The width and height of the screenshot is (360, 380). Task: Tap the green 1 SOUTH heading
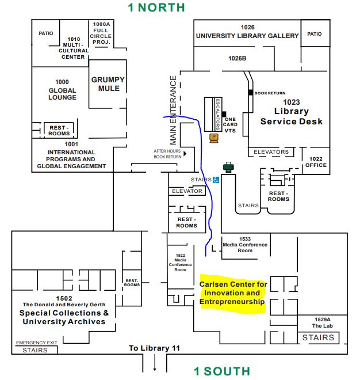point(222,371)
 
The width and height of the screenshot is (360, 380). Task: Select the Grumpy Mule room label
point(108,84)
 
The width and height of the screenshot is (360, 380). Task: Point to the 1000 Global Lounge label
point(62,90)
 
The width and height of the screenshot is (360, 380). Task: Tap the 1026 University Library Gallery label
point(247,32)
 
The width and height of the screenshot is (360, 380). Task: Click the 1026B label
point(237,58)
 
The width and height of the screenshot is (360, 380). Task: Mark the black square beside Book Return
point(251,93)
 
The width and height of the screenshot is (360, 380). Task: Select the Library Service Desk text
point(291,116)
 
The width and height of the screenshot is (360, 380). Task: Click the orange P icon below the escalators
point(214,137)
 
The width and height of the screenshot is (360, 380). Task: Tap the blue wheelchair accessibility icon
point(216,180)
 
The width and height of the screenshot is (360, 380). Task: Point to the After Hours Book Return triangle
point(185,153)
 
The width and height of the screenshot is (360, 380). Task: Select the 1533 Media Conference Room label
point(245,244)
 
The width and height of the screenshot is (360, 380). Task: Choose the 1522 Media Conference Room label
point(180,261)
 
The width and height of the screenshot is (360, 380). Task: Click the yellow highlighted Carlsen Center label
point(233,293)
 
